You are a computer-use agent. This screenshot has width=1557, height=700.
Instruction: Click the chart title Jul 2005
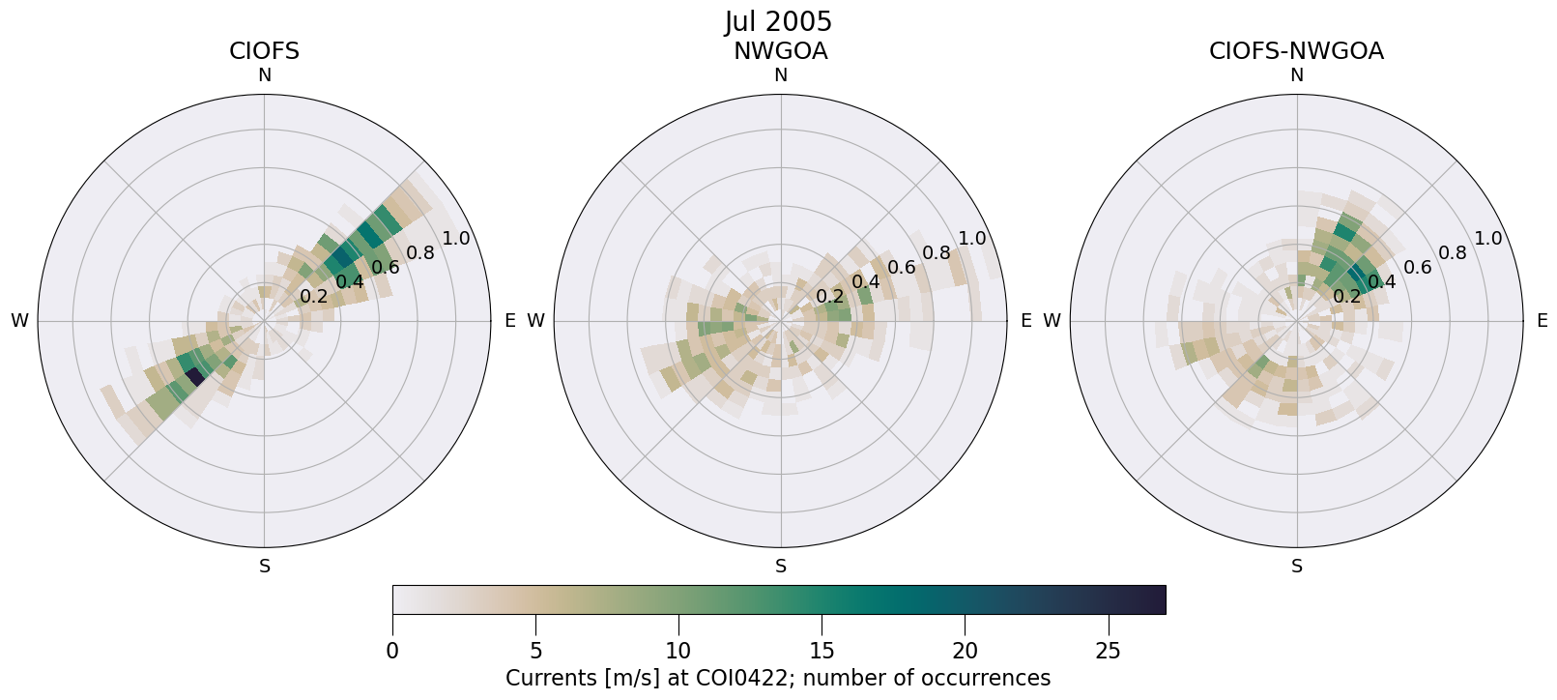(x=778, y=21)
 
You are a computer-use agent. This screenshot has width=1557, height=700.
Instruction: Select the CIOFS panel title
(x=264, y=51)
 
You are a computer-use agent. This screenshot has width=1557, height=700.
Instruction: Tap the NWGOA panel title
(x=780, y=51)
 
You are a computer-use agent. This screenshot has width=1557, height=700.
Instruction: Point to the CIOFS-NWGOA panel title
(x=1296, y=51)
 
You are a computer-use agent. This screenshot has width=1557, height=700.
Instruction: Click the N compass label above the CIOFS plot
(x=264, y=75)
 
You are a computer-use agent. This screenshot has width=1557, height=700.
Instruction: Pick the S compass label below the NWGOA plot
(x=781, y=567)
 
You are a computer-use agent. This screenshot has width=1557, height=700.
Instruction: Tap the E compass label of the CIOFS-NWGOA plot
(x=1542, y=321)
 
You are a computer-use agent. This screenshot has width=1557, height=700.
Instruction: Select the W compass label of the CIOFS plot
(x=19, y=321)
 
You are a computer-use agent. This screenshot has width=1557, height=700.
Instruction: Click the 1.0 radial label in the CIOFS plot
(x=455, y=239)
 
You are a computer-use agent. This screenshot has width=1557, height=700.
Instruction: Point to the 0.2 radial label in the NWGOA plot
(x=830, y=296)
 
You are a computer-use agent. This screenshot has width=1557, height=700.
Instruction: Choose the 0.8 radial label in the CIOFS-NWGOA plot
(x=1453, y=253)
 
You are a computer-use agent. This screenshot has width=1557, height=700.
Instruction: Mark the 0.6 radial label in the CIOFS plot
(x=386, y=268)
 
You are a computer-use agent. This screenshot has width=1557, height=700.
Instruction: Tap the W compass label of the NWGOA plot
(x=535, y=321)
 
